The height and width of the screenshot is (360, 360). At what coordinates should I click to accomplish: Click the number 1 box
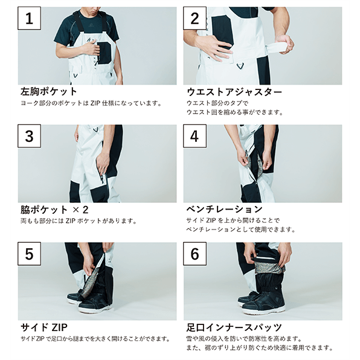30,18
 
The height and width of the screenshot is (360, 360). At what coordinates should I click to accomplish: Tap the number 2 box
194,18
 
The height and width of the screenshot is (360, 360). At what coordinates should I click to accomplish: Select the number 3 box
30,136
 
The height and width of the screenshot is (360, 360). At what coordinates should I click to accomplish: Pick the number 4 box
194,136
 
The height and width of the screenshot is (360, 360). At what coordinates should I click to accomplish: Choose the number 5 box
30,254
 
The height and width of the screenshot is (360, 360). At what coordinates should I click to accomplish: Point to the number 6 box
194,254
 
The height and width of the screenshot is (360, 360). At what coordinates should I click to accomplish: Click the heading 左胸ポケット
49,91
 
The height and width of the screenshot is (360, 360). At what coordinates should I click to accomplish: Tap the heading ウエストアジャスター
234,92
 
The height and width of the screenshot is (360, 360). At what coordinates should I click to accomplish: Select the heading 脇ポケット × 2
54,210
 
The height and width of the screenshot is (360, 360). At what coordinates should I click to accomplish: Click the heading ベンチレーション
224,209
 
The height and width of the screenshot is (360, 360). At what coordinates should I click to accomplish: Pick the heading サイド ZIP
44,327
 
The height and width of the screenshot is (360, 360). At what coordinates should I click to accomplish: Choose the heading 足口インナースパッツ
234,327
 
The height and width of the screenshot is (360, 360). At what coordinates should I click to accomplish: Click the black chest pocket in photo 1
104,53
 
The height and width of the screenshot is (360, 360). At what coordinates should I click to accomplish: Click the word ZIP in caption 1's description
95,103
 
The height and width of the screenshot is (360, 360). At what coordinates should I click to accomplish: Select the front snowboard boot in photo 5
95,303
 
